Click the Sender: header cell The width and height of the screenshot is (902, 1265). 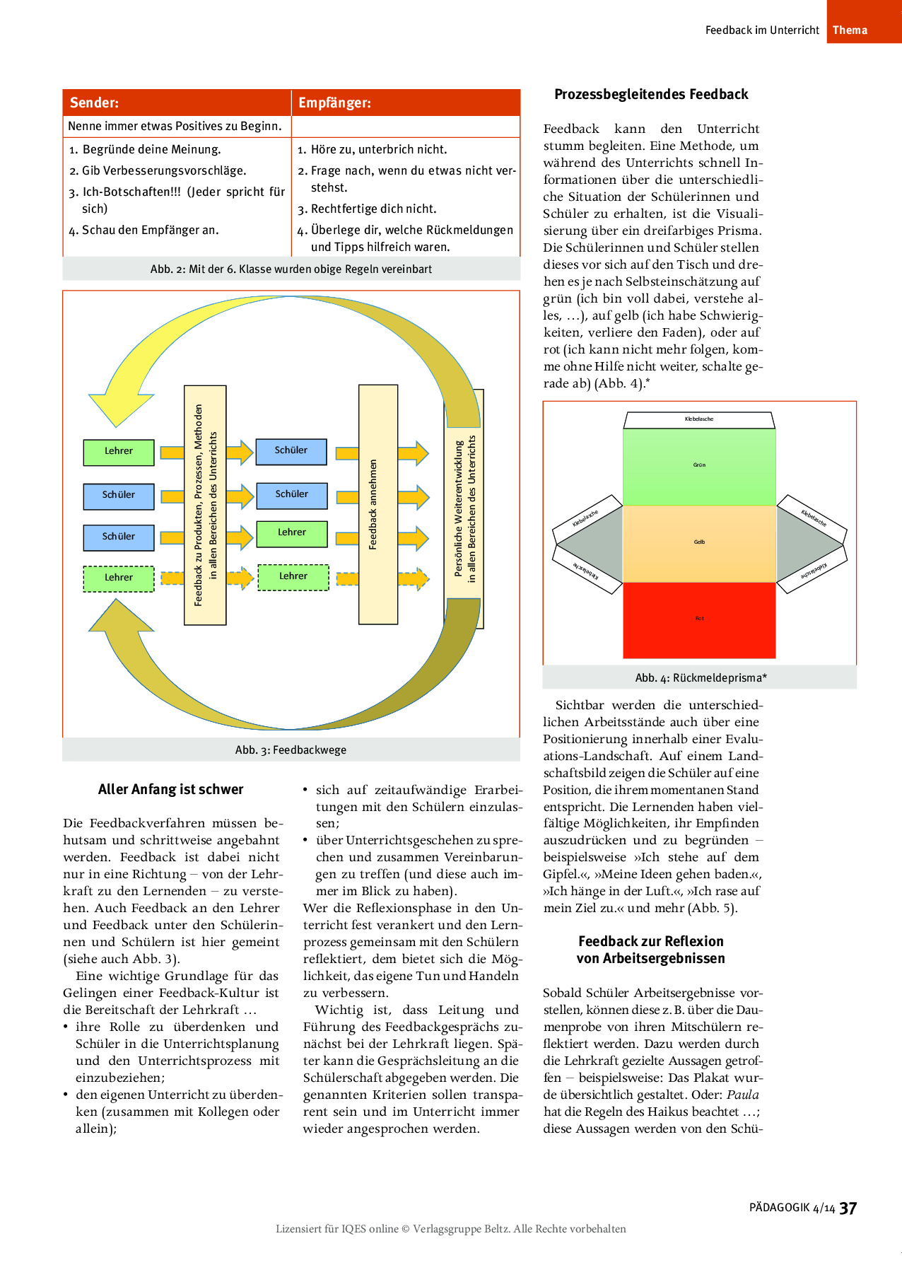tap(177, 103)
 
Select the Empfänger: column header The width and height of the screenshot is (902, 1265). tap(406, 103)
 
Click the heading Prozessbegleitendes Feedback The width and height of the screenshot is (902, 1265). tap(651, 94)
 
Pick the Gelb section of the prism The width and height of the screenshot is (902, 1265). tap(699, 542)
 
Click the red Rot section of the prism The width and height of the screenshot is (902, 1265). tap(699, 619)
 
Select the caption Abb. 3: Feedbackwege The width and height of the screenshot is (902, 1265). tap(291, 750)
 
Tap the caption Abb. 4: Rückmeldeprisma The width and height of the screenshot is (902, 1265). tap(701, 677)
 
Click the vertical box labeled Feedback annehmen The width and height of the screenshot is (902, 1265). tap(377, 504)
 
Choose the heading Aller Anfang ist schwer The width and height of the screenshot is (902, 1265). tap(170, 789)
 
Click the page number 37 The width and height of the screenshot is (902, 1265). tap(848, 1208)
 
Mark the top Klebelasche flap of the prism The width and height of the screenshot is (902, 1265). tap(699, 419)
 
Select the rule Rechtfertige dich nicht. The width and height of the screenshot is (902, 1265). tap(373, 209)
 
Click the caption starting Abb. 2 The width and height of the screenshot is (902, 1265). tap(291, 269)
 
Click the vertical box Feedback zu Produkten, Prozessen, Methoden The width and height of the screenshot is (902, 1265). tap(205, 505)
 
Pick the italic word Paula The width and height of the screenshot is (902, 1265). tap(743, 1095)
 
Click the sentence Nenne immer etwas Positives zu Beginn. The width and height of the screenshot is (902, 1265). tap(175, 126)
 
